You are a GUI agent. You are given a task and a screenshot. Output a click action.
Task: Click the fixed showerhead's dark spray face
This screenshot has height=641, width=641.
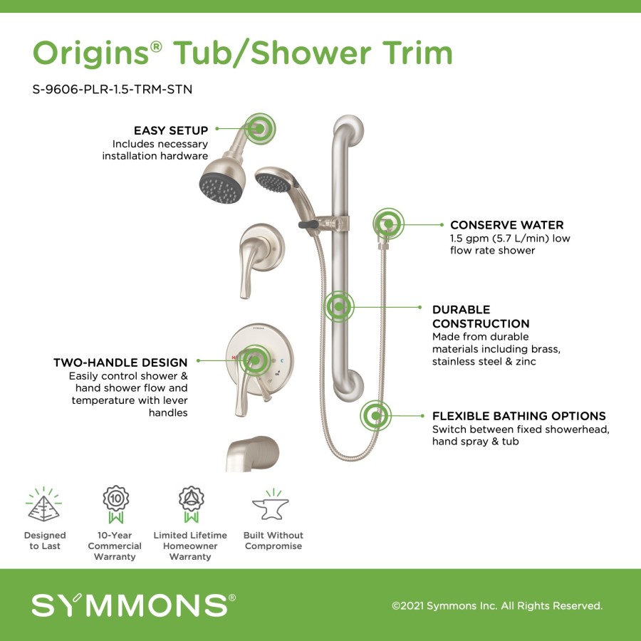point(222,189)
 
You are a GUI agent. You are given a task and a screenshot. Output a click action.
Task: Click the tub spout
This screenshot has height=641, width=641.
point(252,454)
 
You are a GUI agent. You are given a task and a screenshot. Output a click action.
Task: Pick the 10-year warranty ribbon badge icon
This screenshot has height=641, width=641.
point(115,504)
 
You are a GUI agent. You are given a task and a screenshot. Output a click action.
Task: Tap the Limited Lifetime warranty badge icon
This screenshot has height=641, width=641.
point(191,504)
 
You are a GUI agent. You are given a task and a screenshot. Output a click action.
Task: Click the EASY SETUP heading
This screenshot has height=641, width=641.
point(171,130)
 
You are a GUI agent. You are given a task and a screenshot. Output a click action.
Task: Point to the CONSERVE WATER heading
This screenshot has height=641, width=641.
point(507,225)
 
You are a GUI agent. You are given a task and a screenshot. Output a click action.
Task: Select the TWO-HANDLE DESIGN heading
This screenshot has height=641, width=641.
point(120,363)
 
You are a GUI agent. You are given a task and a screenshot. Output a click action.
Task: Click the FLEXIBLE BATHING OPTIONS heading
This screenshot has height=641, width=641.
point(519,416)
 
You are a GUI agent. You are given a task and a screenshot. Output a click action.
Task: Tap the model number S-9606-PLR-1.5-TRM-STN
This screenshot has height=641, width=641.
point(113,89)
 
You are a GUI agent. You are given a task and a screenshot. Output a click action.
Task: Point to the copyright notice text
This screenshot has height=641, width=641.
point(497,605)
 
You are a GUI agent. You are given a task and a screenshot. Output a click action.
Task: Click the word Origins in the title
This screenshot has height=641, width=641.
point(90,53)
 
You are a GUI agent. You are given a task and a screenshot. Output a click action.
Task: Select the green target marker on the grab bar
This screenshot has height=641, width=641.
point(339,306)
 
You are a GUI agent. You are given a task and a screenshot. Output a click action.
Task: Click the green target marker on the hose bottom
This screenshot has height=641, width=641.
point(375,416)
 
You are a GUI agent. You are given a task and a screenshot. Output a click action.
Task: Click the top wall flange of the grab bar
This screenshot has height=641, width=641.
point(350,128)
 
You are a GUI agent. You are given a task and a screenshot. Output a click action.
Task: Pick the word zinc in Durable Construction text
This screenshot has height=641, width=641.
point(526,361)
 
